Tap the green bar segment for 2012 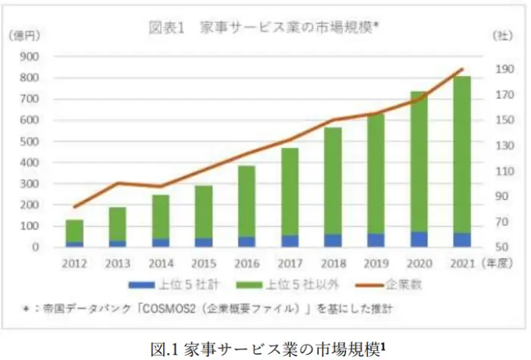[74, 231]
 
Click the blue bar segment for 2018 [332, 241]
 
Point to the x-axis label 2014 [160, 264]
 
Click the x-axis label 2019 [375, 264]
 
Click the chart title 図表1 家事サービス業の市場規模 [262, 28]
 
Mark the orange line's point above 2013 [118, 183]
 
